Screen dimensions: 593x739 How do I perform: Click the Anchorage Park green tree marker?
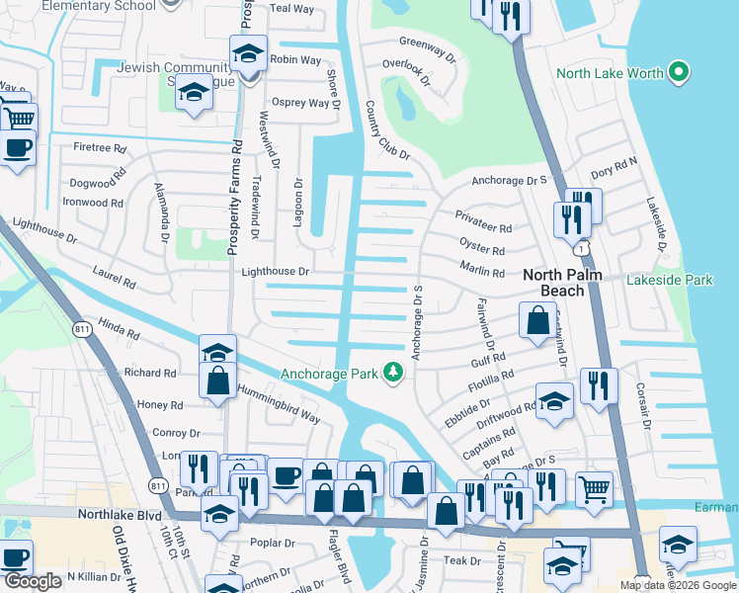click(394, 373)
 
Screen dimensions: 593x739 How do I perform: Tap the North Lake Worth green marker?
click(678, 73)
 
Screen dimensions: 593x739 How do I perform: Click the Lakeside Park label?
click(669, 281)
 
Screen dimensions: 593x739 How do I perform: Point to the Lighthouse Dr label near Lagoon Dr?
click(276, 272)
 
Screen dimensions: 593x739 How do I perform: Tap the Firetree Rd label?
click(100, 148)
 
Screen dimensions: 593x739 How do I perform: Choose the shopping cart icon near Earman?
click(594, 487)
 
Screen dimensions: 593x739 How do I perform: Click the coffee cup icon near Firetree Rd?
click(18, 149)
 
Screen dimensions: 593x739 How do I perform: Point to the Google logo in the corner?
click(33, 581)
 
